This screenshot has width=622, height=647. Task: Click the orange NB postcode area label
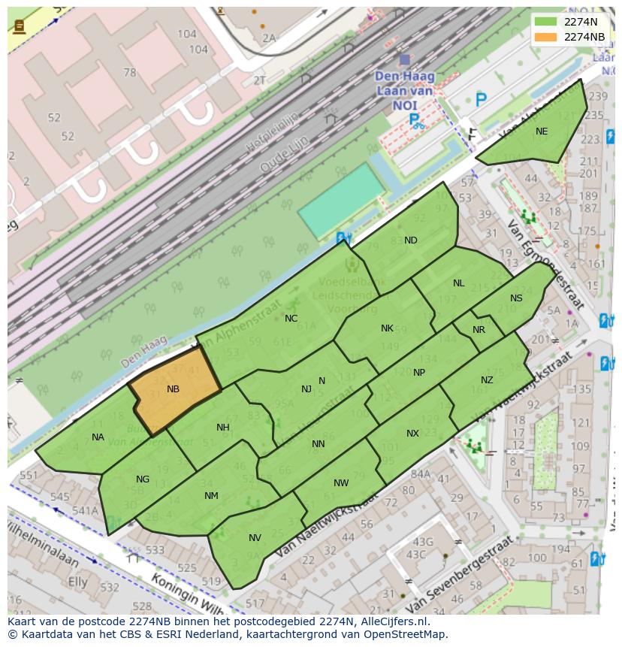coord(174,389)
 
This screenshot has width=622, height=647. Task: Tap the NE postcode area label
coord(542,132)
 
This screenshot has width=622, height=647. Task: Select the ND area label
coord(411,240)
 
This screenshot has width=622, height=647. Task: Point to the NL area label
coord(459,283)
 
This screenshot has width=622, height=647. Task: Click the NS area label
coord(516,298)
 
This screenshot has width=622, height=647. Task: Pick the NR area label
coord(479,330)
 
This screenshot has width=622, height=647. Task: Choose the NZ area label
coord(487,380)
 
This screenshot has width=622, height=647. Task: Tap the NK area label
coord(387,328)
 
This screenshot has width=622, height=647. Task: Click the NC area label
coord(291,319)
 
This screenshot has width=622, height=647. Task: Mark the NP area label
coord(419,373)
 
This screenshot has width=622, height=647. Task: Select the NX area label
coord(412,434)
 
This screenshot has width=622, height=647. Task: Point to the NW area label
coord(341,483)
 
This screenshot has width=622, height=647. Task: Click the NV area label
coord(255,538)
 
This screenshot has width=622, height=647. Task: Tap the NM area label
coord(211,496)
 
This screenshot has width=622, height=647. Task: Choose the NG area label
coord(143,479)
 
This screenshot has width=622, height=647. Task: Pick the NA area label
coord(98,437)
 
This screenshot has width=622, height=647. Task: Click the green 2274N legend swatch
coord(545,22)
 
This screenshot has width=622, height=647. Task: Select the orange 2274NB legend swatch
coord(545,37)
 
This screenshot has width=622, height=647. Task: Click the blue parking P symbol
coord(481,98)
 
